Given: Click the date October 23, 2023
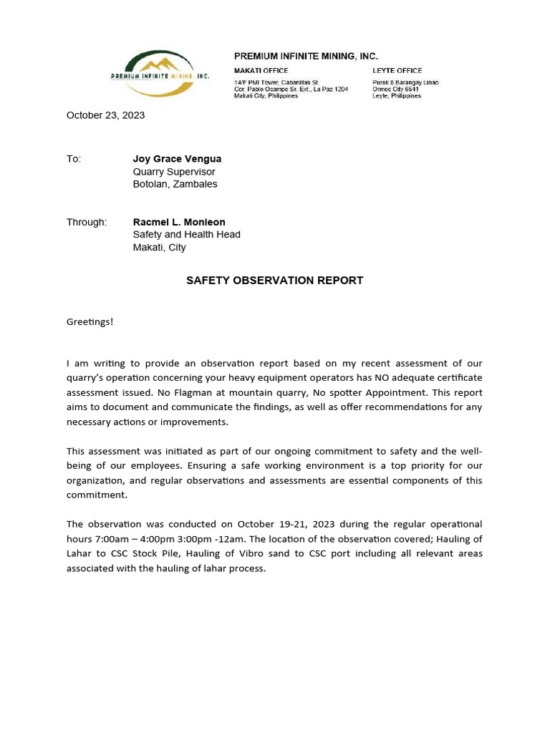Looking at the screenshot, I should point(105,115).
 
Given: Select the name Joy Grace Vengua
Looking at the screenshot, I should point(177,159).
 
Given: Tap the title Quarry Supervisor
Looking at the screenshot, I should point(173,172).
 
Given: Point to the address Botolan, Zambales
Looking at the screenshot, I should point(175,184).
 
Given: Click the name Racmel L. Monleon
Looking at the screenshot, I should point(179,222).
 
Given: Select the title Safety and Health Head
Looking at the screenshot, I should point(186,235).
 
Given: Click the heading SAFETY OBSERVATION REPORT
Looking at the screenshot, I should point(274,281).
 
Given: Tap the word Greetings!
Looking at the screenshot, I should point(90,321).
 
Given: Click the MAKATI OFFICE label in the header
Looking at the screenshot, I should point(261,71).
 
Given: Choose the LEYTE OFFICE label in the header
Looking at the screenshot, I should point(397,71).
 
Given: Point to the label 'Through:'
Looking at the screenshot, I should point(87,222).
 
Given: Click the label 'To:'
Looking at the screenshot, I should point(74,159).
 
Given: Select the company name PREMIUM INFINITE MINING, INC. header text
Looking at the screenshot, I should point(306,56).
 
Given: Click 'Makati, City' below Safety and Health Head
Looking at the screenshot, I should point(159,248).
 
